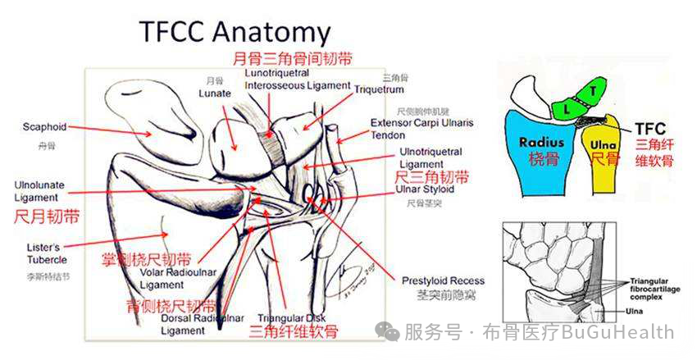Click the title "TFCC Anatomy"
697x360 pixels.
[x=235, y=32]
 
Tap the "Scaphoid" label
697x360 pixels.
[x=45, y=127]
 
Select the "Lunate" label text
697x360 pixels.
[x=215, y=93]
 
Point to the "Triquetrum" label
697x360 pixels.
[x=379, y=87]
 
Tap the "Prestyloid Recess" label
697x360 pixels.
[x=443, y=281]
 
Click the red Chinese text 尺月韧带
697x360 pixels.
[x=48, y=217]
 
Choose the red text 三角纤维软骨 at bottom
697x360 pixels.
[x=293, y=332]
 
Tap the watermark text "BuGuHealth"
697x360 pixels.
[x=631, y=332]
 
